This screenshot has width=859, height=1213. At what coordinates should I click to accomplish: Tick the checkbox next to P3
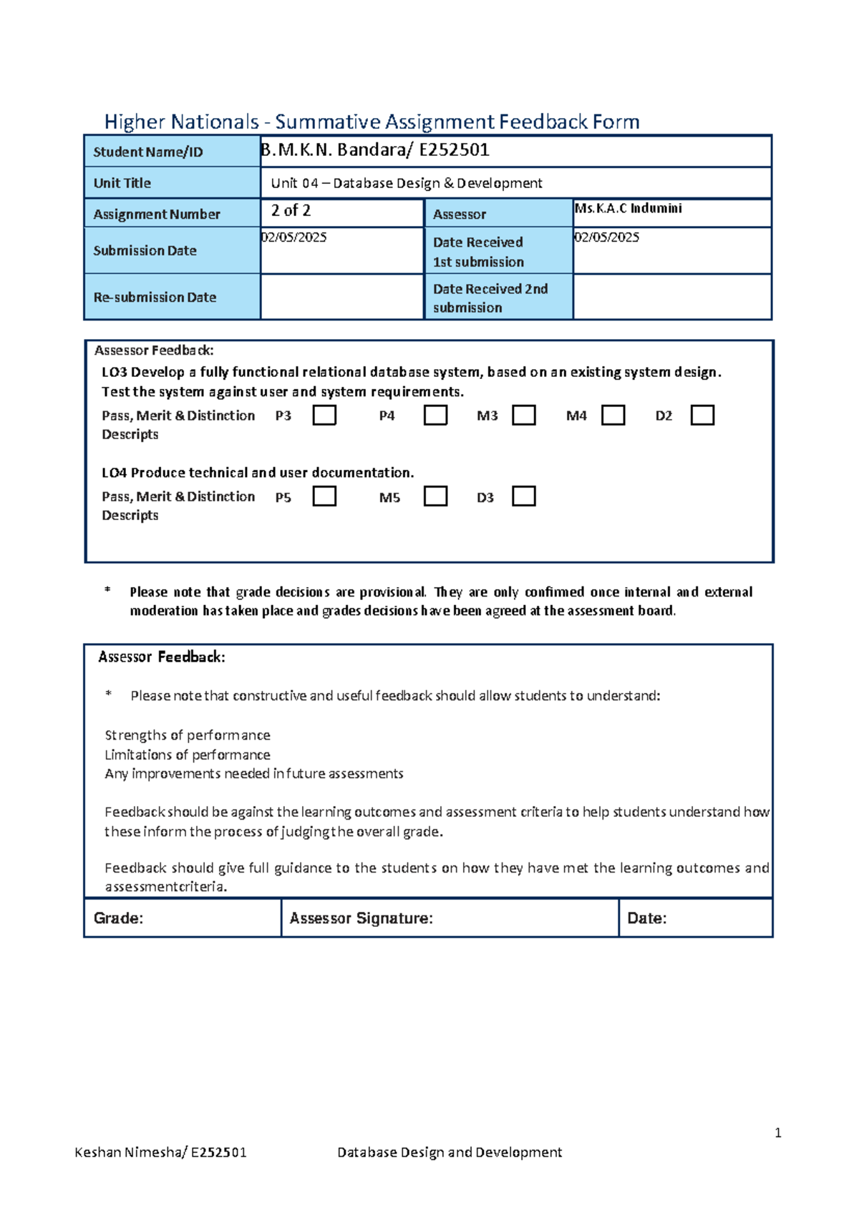click(324, 416)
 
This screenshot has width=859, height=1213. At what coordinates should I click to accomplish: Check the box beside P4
click(435, 416)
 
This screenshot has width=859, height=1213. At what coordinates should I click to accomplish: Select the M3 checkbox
click(524, 416)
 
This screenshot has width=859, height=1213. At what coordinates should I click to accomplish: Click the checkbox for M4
click(613, 416)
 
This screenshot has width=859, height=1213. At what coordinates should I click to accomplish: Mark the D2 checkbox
click(702, 416)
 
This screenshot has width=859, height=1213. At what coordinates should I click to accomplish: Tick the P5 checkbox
click(324, 496)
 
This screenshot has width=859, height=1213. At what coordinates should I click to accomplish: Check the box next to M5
click(435, 496)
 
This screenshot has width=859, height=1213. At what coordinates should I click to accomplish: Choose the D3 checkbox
click(524, 496)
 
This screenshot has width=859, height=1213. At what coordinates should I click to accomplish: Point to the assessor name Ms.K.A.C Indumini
click(629, 208)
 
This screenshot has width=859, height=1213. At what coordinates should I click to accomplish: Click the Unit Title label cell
click(171, 183)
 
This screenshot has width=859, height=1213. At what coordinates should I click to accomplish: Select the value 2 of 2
click(291, 210)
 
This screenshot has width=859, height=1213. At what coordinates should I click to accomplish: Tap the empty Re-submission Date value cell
click(341, 297)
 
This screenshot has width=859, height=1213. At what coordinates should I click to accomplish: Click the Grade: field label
click(119, 918)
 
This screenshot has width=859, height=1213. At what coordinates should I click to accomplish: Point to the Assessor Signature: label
click(361, 918)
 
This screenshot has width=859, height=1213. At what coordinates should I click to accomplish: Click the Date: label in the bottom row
click(647, 918)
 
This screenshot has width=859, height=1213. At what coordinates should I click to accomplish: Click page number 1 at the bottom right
click(777, 1133)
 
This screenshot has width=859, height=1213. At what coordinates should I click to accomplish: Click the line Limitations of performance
click(188, 755)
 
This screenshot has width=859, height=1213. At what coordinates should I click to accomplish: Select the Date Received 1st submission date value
click(607, 237)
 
